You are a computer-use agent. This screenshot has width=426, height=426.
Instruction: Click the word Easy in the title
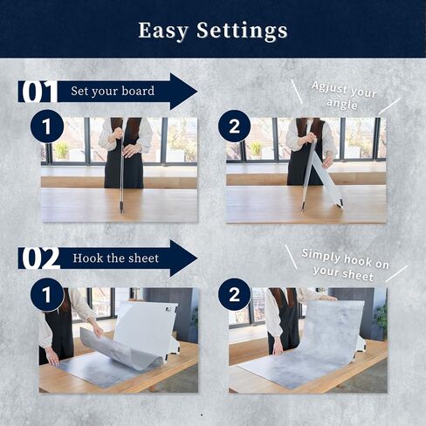[163, 31]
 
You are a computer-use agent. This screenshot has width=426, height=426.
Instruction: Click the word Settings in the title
[242, 31]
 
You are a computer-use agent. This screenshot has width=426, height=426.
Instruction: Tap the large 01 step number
[38, 92]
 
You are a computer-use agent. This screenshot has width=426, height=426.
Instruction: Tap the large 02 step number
[40, 258]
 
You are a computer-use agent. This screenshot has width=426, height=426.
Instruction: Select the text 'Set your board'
[113, 91]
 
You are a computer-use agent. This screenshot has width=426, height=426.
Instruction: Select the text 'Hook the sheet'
[115, 258]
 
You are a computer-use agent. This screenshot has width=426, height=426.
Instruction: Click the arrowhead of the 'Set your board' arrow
[183, 92]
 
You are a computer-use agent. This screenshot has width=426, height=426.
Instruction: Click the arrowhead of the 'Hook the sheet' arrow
[183, 258]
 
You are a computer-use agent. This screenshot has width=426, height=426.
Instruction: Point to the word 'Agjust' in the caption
[330, 87]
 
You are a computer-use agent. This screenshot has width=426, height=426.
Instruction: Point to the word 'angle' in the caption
[342, 104]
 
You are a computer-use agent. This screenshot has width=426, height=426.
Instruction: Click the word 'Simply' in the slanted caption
[321, 255]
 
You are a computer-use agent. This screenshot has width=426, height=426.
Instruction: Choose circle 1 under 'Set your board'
[47, 127]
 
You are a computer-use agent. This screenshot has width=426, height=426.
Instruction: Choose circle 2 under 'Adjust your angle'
[235, 127]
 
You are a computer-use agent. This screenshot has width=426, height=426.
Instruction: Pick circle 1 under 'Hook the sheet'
[47, 294]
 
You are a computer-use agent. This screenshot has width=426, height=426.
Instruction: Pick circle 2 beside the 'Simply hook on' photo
[235, 294]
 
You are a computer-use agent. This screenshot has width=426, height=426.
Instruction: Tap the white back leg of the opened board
[330, 183]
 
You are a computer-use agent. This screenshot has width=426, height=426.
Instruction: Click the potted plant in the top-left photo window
[61, 150]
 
